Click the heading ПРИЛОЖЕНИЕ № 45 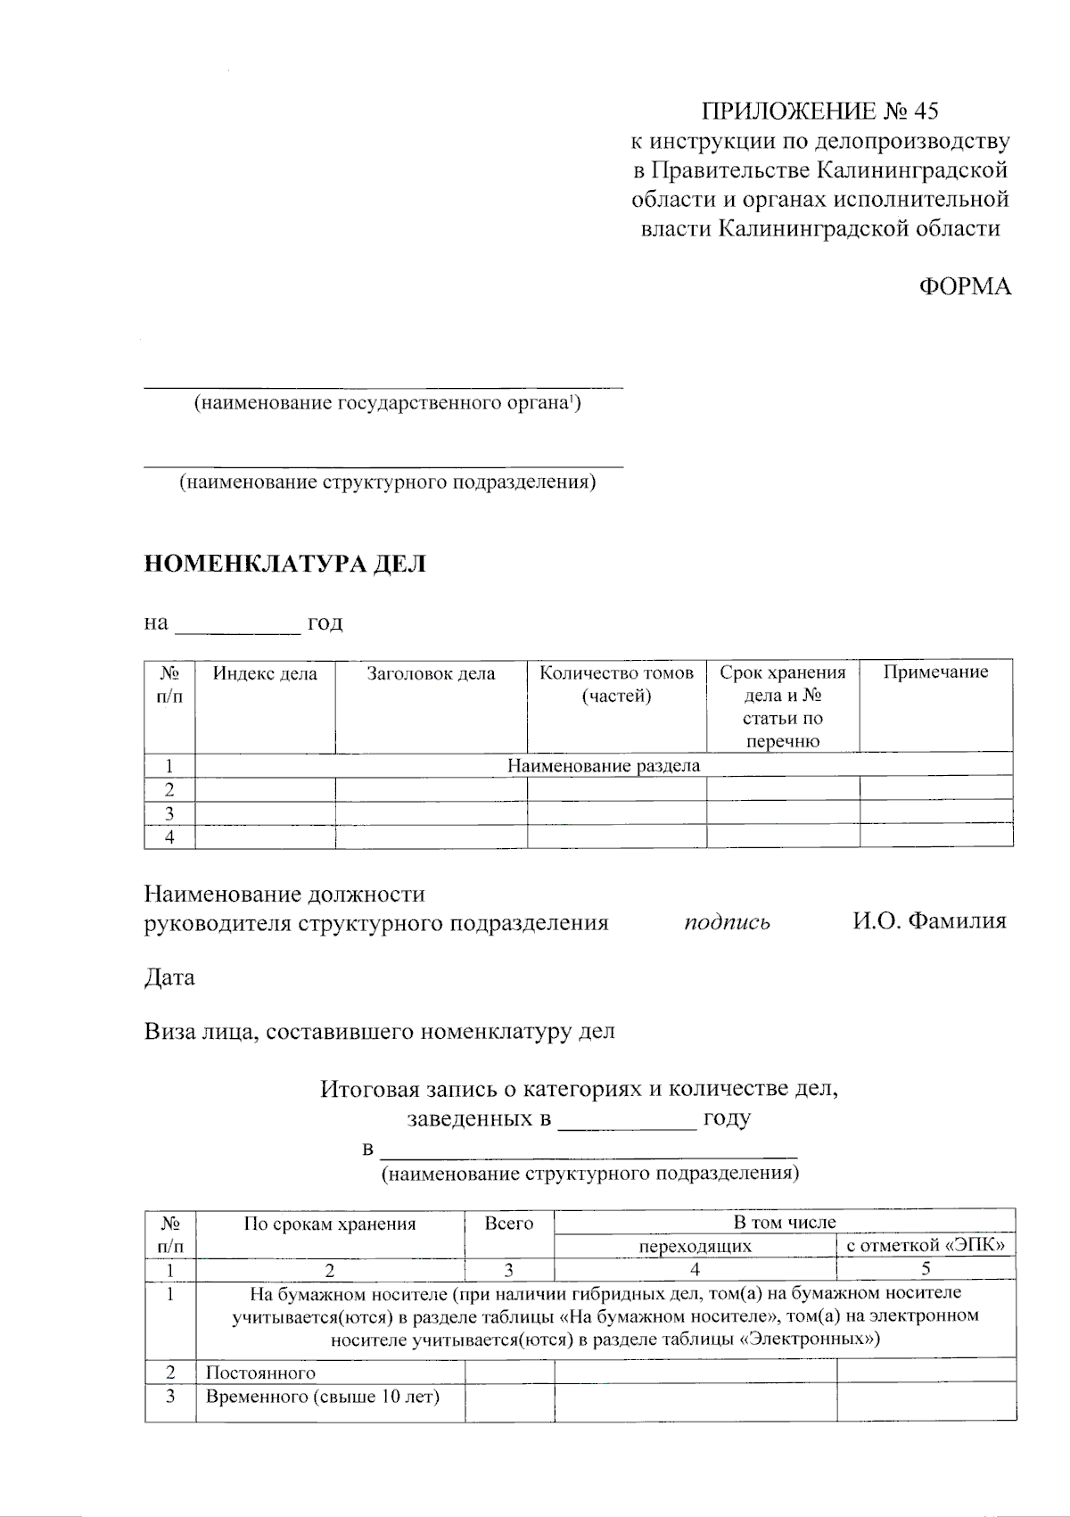(x=819, y=111)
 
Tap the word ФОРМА (x=965, y=286)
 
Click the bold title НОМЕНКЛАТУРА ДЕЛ (x=285, y=564)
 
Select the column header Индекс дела (x=265, y=673)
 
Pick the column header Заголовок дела (x=431, y=673)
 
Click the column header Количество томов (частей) (x=616, y=684)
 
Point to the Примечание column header (x=935, y=672)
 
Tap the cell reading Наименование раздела (x=604, y=765)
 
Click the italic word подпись (x=727, y=922)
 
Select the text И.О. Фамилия (x=928, y=921)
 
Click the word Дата (x=169, y=977)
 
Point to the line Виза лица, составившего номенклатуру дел (x=380, y=1033)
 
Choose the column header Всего (x=508, y=1224)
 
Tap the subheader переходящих (x=695, y=1246)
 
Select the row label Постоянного (x=260, y=1373)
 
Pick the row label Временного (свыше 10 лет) (x=323, y=1397)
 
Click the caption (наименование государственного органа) (x=388, y=404)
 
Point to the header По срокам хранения (x=330, y=1224)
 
